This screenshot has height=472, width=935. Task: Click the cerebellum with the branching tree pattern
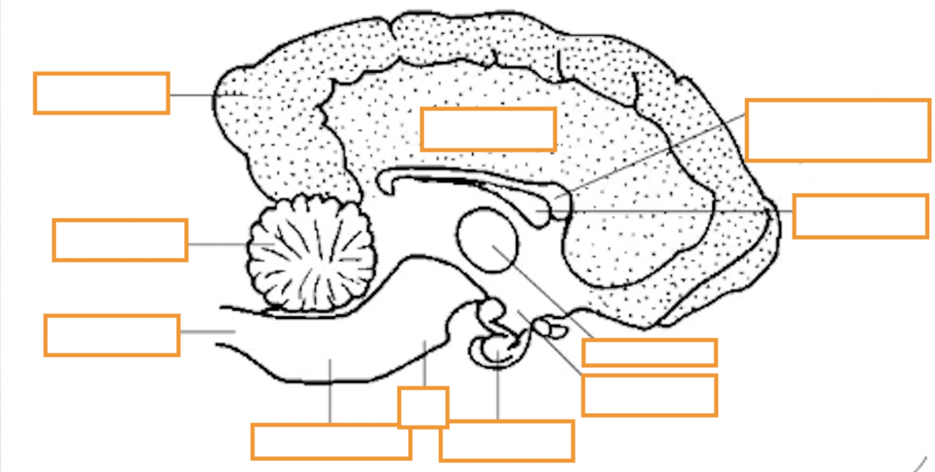click(312, 252)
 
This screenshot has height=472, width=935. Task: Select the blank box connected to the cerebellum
click(120, 240)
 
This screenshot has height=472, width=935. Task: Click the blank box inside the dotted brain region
click(489, 128)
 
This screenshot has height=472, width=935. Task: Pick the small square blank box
click(423, 407)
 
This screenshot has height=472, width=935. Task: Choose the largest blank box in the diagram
click(837, 130)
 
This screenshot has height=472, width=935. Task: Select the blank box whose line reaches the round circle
click(649, 352)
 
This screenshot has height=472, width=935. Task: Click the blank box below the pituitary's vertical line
click(507, 440)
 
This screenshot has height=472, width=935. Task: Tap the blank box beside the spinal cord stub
click(111, 335)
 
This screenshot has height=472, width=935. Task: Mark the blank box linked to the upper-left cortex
click(101, 93)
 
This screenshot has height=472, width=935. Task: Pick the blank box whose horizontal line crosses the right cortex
click(860, 216)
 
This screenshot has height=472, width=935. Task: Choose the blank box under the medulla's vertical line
click(331, 441)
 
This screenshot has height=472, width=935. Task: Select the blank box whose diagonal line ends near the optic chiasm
click(649, 395)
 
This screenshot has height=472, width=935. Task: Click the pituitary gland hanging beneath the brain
click(498, 344)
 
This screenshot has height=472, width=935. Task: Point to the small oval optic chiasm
click(545, 325)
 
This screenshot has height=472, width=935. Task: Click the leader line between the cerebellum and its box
click(217, 244)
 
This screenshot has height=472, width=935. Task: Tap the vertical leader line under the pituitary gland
click(498, 393)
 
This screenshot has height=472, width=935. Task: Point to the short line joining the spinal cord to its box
click(206, 332)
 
